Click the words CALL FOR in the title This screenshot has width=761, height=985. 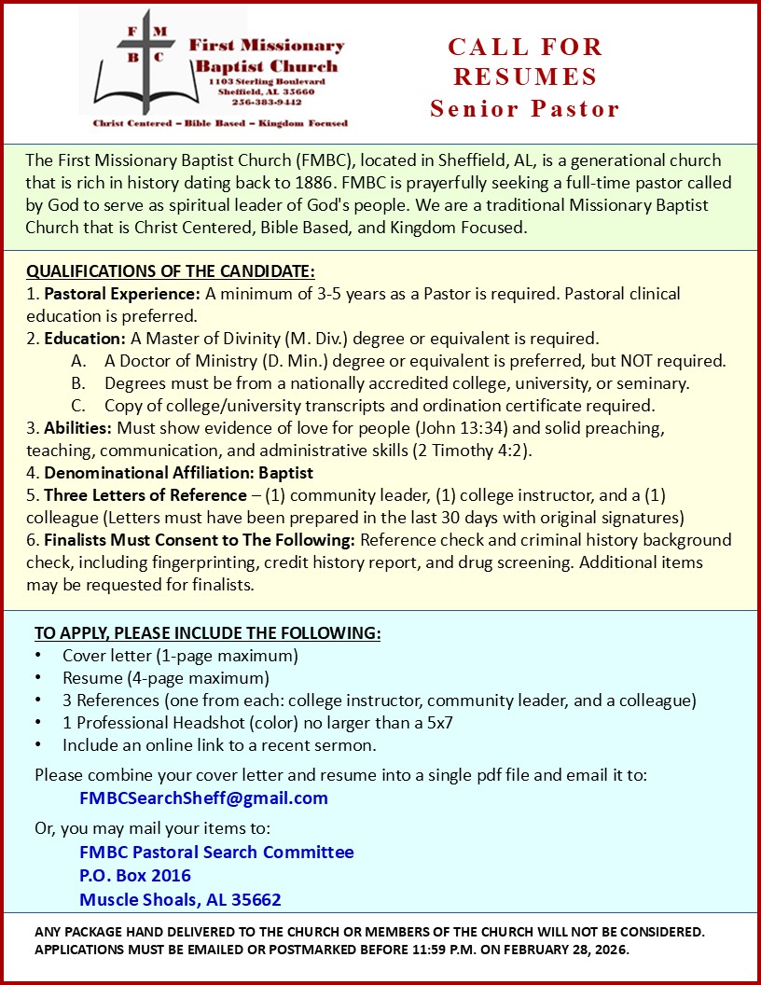[x=525, y=47]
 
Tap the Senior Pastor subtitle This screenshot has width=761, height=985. [x=525, y=108]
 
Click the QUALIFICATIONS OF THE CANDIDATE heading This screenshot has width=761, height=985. [x=171, y=271]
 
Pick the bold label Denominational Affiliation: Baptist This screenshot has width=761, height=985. [x=178, y=473]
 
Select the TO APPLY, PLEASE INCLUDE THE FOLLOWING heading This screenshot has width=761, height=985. [x=208, y=633]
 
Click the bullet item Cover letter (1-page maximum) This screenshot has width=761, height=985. [x=180, y=656]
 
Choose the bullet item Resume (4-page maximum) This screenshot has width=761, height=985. [x=166, y=678]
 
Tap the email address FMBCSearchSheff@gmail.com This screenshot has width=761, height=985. [x=203, y=798]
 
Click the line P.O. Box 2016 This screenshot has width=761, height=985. [x=135, y=876]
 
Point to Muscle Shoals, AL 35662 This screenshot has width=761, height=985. [x=180, y=900]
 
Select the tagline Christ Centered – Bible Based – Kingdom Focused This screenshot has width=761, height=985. [x=220, y=123]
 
